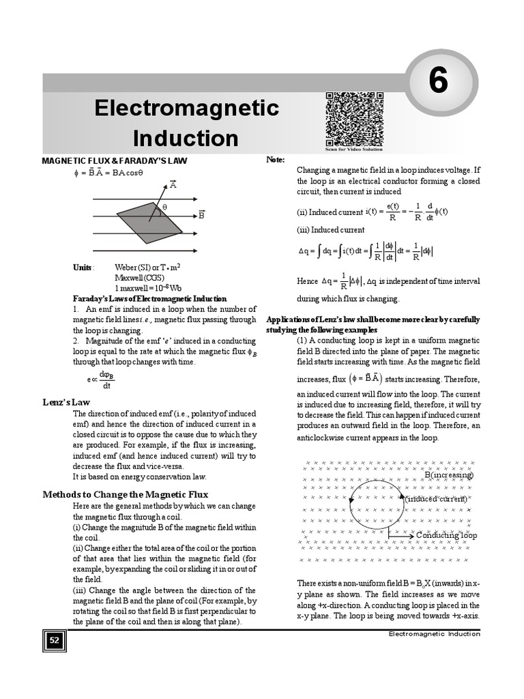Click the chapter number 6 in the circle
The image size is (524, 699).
437,82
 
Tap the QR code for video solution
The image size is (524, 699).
354,118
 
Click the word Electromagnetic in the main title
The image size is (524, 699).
186,108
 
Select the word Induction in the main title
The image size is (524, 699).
186,138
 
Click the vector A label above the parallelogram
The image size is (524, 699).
173,184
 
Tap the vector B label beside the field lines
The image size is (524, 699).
202,215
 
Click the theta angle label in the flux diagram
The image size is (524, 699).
164,206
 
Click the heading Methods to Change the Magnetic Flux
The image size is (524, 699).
125,494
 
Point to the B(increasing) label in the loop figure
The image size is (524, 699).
448,474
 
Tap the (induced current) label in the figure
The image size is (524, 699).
436,499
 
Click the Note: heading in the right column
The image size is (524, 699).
275,159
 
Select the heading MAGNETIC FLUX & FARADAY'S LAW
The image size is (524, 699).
114,160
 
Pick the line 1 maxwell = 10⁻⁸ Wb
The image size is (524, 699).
148,287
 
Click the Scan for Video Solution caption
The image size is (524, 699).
354,149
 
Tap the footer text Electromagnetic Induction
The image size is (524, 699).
434,633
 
